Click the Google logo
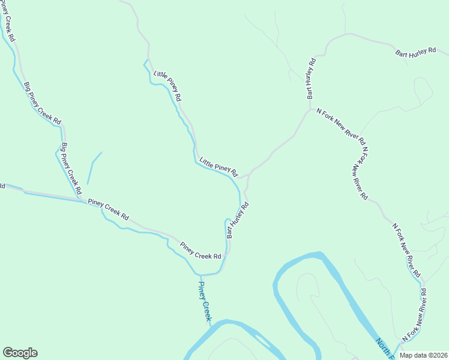click(x=20, y=353)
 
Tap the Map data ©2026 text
click(x=422, y=355)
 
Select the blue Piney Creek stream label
click(x=205, y=302)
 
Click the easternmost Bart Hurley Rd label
click(x=415, y=53)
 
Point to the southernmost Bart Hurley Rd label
click(x=237, y=220)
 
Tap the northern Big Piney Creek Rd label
click(x=43, y=103)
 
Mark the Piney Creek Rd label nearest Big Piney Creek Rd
click(x=109, y=209)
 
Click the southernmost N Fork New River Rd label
click(x=414, y=316)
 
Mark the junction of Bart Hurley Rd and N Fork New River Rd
click(x=310, y=110)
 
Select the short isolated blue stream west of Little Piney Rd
click(x=94, y=167)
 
